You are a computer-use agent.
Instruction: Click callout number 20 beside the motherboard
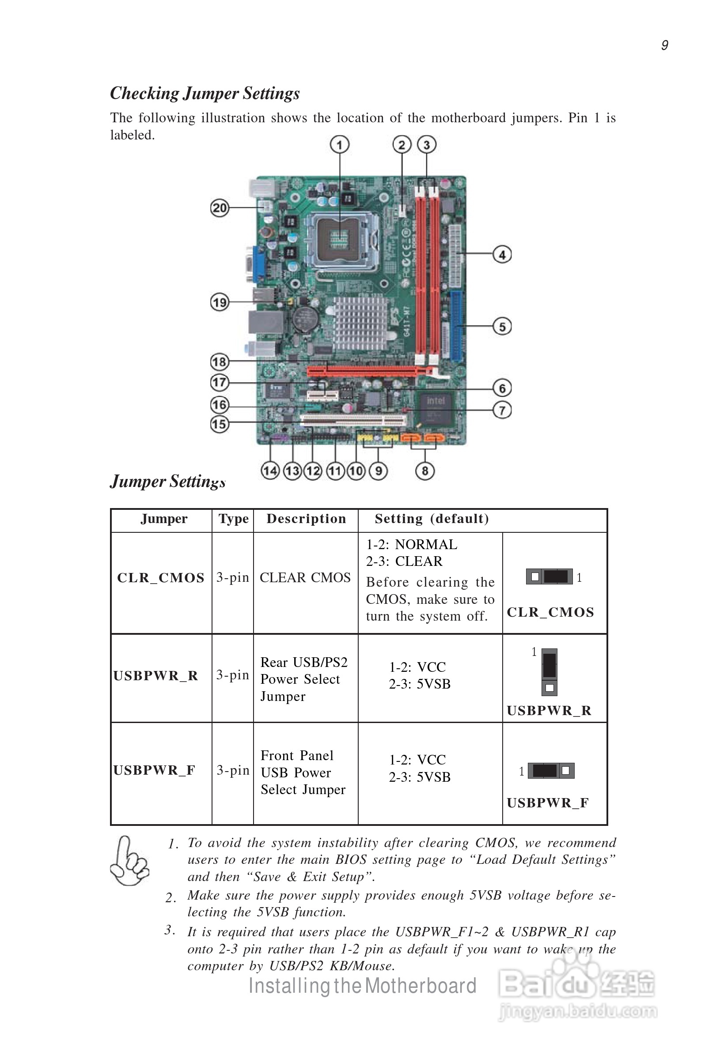(219, 208)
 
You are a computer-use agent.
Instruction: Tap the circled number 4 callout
(502, 254)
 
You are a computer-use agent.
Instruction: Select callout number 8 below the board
(425, 471)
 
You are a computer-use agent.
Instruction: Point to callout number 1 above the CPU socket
(339, 144)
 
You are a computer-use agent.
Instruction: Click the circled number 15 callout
(219, 423)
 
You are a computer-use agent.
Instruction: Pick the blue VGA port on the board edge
(260, 264)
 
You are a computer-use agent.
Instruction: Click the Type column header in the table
(233, 519)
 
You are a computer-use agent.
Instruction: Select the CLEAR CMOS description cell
(305, 577)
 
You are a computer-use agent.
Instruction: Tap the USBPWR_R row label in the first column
(155, 676)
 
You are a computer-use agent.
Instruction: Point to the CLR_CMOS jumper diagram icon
(549, 576)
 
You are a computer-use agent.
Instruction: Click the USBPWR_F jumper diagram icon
(551, 771)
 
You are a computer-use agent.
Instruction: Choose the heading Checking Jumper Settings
(205, 93)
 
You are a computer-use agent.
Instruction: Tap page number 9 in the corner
(664, 45)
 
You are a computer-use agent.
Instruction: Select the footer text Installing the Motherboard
(362, 986)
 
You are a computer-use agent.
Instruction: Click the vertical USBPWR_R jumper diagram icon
(549, 672)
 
